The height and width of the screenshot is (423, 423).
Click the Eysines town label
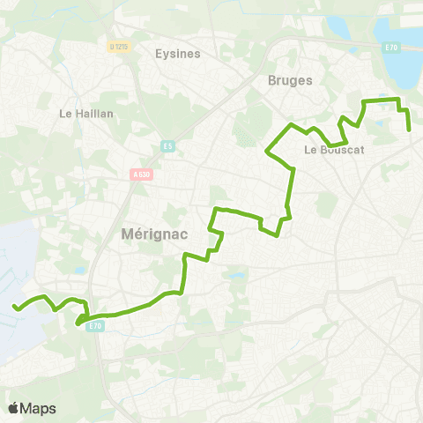pyautogui.click(x=177, y=53)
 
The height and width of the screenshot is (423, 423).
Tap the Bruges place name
pyautogui.click(x=289, y=80)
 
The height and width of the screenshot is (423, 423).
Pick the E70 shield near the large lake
pyautogui.click(x=391, y=48)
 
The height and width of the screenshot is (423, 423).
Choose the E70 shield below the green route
pyautogui.click(x=96, y=326)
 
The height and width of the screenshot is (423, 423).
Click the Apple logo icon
pyautogui.click(x=14, y=408)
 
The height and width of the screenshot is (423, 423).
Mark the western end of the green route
pyautogui.click(x=14, y=307)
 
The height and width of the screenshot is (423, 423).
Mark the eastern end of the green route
pyautogui.click(x=410, y=130)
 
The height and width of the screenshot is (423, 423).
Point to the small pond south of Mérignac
pyautogui.click(x=236, y=276)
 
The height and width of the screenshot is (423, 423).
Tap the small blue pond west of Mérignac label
pyautogui.click(x=81, y=271)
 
